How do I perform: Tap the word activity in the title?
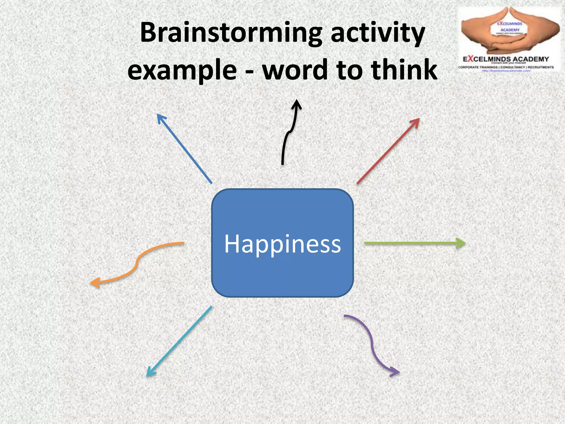(378, 33)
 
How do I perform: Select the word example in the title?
(182, 70)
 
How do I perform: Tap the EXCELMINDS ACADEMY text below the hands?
(506, 59)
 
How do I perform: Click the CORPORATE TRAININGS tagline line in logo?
(506, 67)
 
